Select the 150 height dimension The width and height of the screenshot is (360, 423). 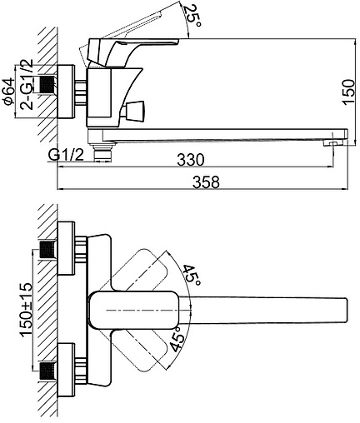[x=348, y=92]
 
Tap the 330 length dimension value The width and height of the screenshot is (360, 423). [x=191, y=159]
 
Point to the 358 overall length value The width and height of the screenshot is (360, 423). [x=206, y=182]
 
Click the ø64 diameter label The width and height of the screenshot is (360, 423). [x=9, y=92]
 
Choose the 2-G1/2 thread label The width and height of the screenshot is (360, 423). [x=27, y=84]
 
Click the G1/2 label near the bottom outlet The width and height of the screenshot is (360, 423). [x=66, y=155]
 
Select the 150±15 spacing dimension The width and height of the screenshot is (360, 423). [x=26, y=310]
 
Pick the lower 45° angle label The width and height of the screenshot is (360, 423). [x=177, y=339]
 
